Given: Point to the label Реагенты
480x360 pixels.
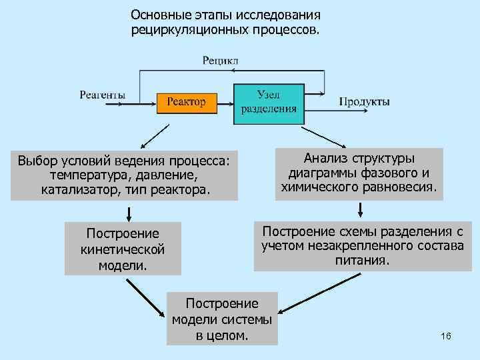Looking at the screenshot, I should click(102, 95).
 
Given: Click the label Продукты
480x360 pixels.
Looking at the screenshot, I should click(364, 102).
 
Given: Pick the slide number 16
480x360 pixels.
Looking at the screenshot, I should click(446, 336).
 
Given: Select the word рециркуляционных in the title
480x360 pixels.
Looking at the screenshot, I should click(189, 30).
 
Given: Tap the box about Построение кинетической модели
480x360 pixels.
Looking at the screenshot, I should click(123, 249).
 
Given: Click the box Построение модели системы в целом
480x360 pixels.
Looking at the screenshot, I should click(222, 318).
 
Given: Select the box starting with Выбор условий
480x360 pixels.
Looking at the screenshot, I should click(124, 175).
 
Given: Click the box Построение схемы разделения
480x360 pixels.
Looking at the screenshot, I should click(362, 245).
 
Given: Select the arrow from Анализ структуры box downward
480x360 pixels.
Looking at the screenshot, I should click(361, 209).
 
